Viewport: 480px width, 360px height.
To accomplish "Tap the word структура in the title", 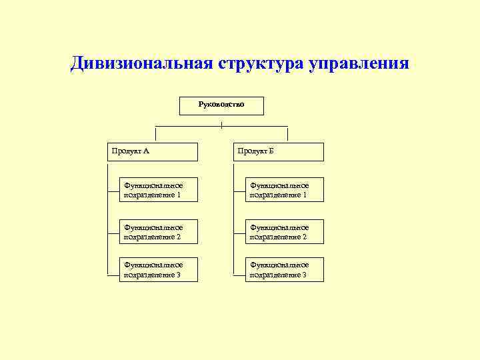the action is point(259,64).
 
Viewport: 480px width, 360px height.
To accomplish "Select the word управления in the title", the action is point(358,64).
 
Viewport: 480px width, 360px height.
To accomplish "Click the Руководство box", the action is point(221,105).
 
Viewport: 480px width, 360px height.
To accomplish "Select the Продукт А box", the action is point(153,151).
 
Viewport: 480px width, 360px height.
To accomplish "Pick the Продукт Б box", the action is point(279,151).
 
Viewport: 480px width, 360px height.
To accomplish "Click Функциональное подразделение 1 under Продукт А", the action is point(159,189).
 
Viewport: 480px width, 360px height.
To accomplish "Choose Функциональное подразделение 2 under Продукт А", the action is point(159,231).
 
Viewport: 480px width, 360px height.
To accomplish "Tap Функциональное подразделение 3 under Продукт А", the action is point(159,269).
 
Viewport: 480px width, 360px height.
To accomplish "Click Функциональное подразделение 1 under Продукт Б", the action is point(285,189).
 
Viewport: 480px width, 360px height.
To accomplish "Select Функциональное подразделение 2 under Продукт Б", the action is point(285,231).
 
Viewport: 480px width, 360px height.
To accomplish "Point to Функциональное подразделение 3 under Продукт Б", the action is point(285,269).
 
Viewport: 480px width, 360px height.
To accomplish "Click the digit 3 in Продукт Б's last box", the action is point(304,275).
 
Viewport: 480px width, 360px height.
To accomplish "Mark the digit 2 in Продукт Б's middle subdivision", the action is point(304,237).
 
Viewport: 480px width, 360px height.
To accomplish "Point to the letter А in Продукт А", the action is point(146,151).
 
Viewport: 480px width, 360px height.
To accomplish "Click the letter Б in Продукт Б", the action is point(271,151).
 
